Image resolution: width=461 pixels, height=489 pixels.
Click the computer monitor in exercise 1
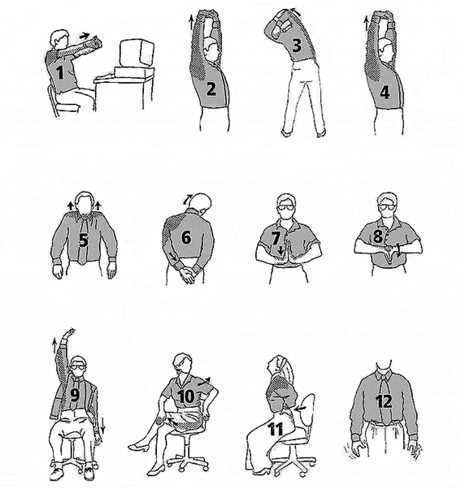(x=137, y=54)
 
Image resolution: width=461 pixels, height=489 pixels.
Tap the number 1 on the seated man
(x=60, y=73)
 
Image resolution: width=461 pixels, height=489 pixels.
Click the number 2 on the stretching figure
(x=211, y=89)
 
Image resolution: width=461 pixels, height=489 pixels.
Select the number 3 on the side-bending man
(x=297, y=45)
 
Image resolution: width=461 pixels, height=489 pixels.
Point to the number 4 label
(x=385, y=93)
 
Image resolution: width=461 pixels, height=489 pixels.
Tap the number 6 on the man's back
(x=186, y=238)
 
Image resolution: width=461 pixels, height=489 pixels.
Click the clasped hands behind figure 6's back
(x=186, y=274)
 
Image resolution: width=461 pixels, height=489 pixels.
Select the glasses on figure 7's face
(x=286, y=207)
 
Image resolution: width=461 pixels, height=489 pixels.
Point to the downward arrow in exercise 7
(x=281, y=250)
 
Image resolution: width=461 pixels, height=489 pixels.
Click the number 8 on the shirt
(x=378, y=236)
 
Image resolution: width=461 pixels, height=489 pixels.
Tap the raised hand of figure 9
(x=70, y=333)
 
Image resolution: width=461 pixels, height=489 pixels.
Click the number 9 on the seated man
(x=74, y=395)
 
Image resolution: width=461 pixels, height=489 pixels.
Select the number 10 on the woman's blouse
(x=186, y=396)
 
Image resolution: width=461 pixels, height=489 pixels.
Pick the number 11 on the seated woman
(x=276, y=430)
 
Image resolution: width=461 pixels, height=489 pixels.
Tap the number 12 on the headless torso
(x=384, y=401)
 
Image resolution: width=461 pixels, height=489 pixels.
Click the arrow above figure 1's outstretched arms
(x=85, y=36)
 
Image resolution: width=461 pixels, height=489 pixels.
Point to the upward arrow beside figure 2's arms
(x=190, y=23)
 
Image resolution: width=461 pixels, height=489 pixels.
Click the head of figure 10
(x=182, y=363)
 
